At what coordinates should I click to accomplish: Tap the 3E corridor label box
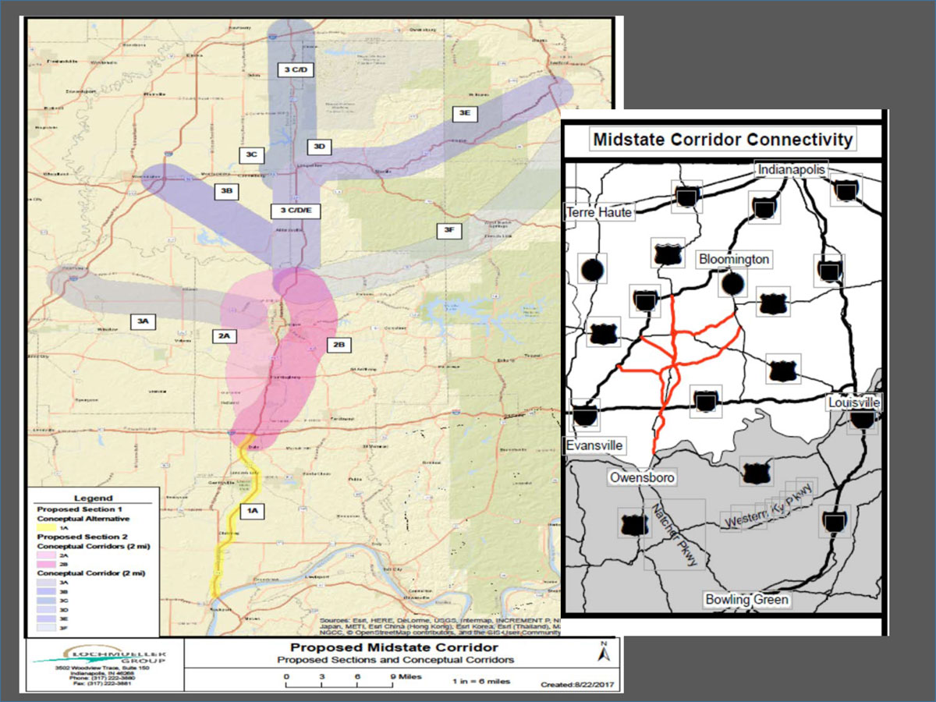(x=465, y=113)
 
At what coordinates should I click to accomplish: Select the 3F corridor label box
(x=448, y=230)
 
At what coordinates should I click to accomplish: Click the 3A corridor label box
(x=142, y=321)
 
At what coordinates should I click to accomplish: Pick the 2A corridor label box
(x=224, y=336)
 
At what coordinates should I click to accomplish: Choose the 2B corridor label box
(x=339, y=344)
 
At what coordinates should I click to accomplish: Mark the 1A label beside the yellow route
(x=252, y=511)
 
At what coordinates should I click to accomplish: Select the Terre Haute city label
(x=600, y=212)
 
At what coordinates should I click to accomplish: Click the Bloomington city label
(x=734, y=259)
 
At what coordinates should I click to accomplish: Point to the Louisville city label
(x=854, y=403)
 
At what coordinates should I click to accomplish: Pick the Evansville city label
(x=594, y=445)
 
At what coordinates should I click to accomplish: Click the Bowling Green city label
(x=746, y=600)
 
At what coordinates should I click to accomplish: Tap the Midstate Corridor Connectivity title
(x=723, y=140)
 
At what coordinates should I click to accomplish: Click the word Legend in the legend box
(x=93, y=498)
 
